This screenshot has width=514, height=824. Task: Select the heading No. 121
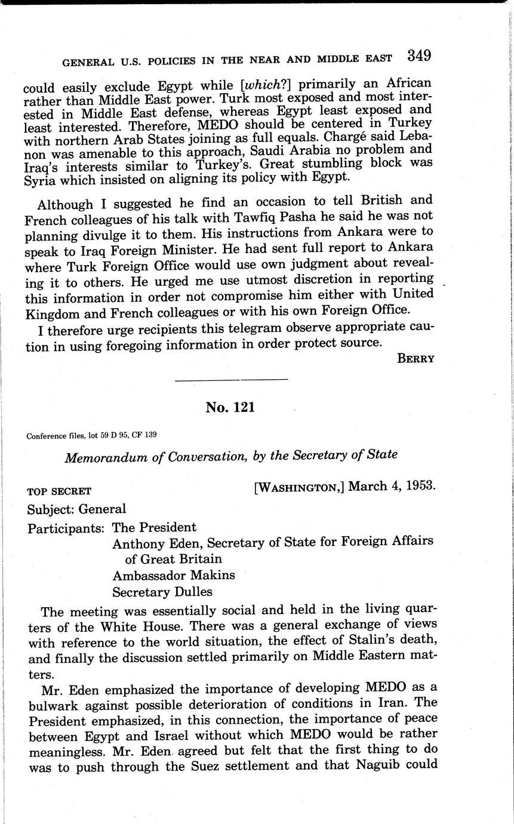pyautogui.click(x=230, y=407)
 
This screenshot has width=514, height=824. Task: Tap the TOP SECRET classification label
pyautogui.click(x=59, y=491)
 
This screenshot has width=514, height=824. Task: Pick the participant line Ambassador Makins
pyautogui.click(x=173, y=575)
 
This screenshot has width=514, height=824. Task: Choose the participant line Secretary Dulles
pyautogui.click(x=162, y=592)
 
